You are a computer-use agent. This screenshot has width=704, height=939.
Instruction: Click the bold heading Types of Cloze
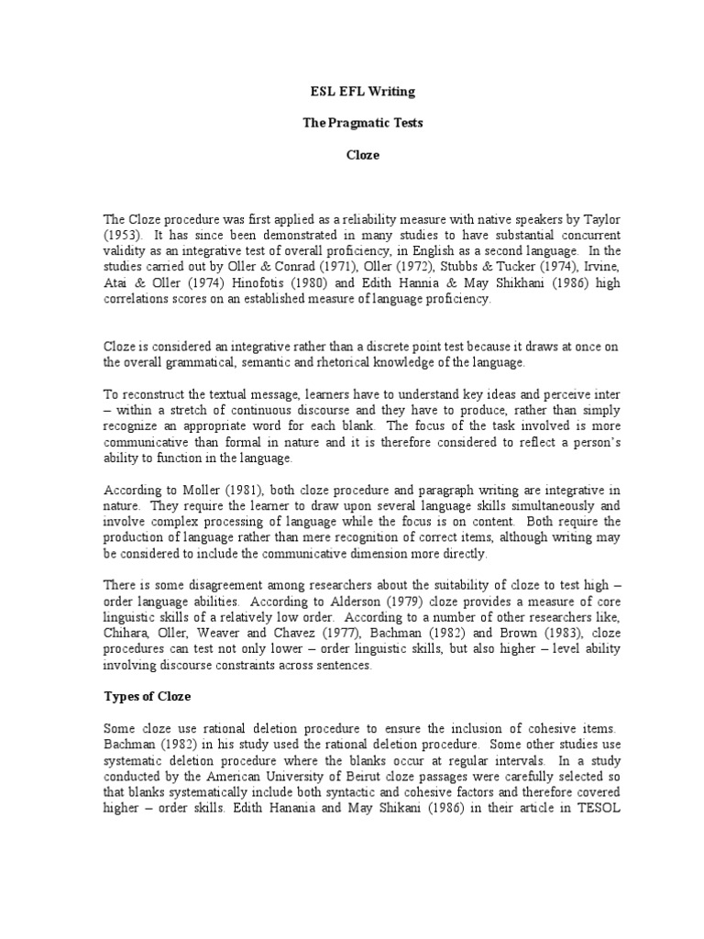(146, 696)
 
